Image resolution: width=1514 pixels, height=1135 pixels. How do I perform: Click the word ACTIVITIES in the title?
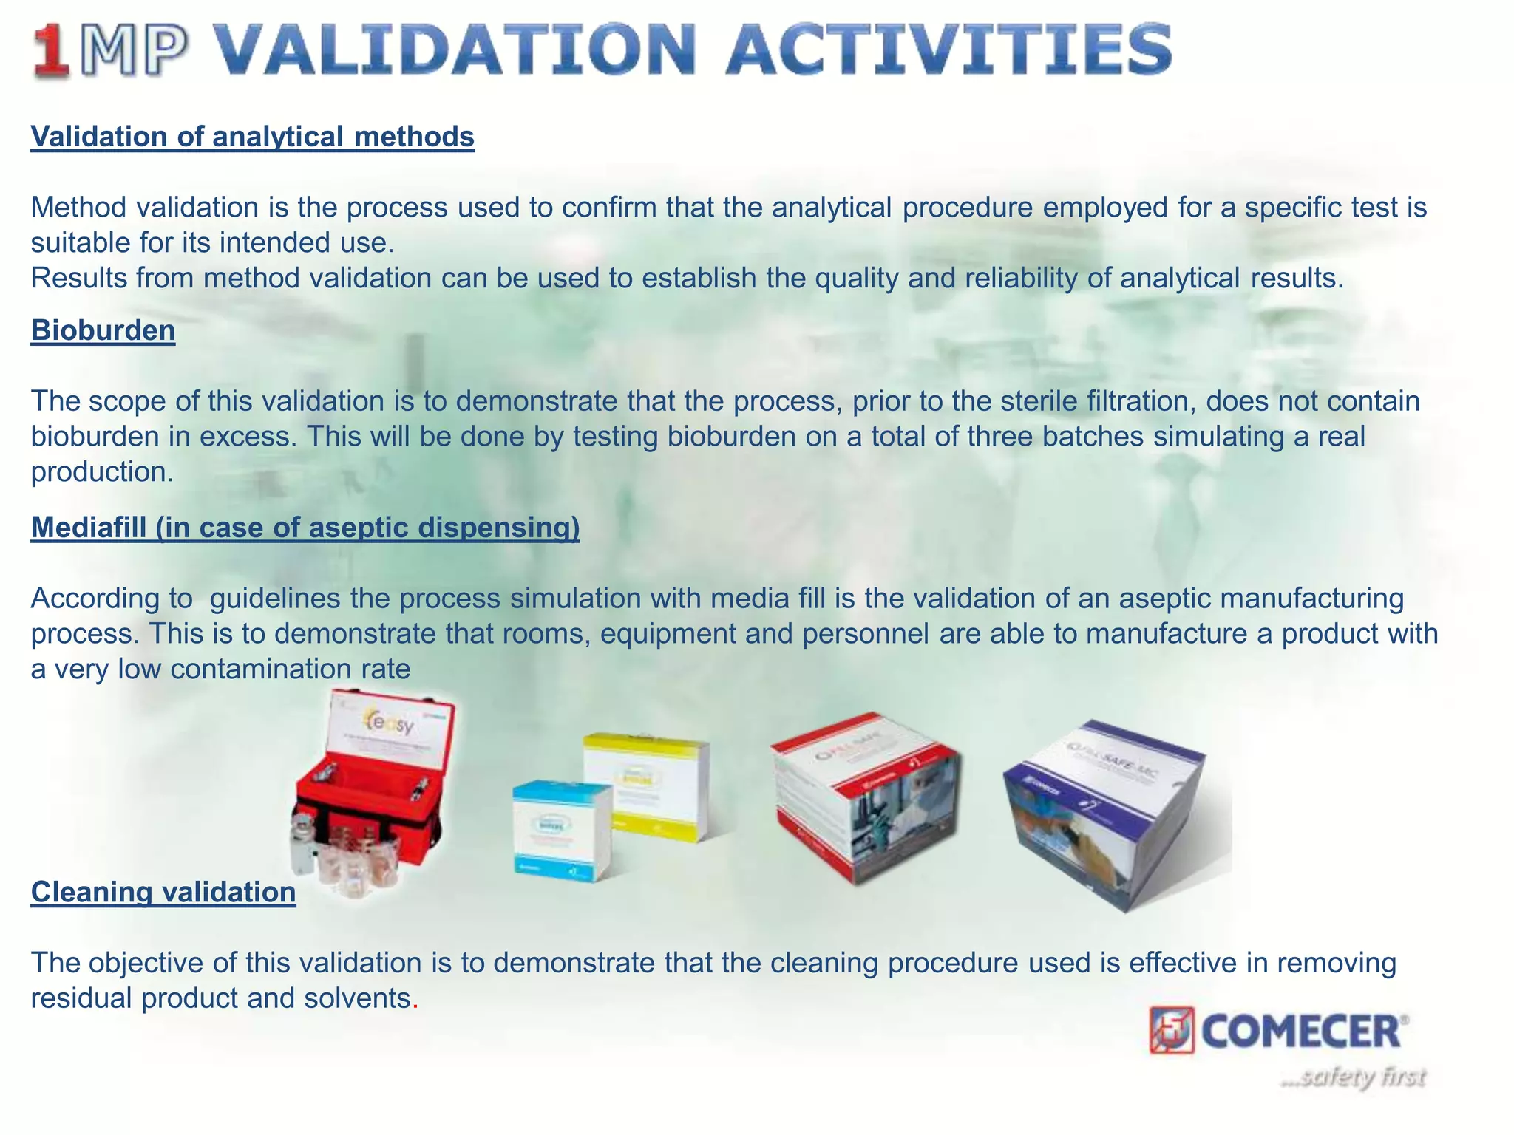point(948,50)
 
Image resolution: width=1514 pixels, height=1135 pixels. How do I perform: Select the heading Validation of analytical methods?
point(252,137)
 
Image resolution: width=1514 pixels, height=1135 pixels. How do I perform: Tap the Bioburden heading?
point(103,330)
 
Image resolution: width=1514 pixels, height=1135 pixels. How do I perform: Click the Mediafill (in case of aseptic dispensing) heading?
point(305,528)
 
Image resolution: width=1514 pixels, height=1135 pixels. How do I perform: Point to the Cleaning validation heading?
point(163,892)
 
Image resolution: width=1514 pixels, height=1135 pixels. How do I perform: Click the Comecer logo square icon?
point(1172,1030)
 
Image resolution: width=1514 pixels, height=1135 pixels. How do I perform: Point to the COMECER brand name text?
point(1301,1032)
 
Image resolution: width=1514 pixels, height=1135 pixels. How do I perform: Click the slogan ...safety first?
point(1353,1077)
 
